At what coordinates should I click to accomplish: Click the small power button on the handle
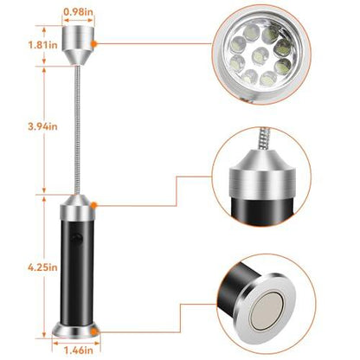pyautogui.click(x=76, y=236)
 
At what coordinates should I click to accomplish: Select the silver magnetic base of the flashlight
pyautogui.click(x=80, y=331)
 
